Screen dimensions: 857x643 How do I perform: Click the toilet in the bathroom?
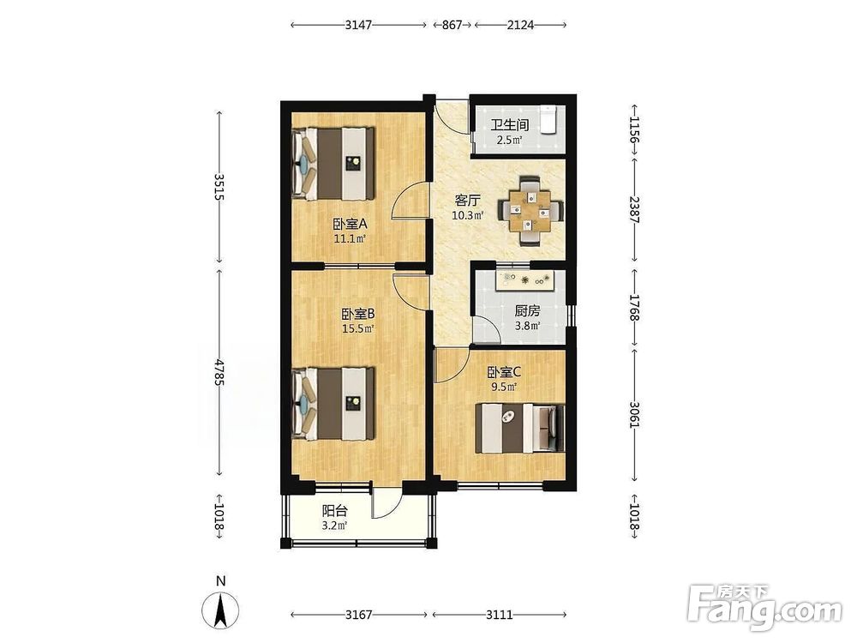(x=548, y=120)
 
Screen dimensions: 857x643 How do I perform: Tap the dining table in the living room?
(x=530, y=211)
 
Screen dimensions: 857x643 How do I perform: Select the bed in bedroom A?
(x=333, y=164)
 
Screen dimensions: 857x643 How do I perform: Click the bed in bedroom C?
(x=520, y=428)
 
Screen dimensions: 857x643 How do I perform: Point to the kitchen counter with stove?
(x=528, y=280)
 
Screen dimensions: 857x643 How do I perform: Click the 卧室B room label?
(x=358, y=315)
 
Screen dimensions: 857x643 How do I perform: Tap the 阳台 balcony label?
(x=334, y=511)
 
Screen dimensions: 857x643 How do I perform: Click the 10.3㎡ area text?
(x=467, y=215)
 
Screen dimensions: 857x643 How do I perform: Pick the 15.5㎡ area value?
(x=358, y=329)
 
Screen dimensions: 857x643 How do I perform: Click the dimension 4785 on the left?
(x=219, y=372)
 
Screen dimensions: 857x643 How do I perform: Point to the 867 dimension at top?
(x=452, y=25)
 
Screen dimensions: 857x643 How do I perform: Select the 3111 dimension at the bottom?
(x=500, y=615)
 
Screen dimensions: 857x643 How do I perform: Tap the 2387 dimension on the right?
(x=634, y=209)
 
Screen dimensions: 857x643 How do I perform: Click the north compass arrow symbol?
(x=220, y=610)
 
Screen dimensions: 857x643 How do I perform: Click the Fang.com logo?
(x=764, y=606)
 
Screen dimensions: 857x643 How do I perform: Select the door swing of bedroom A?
(x=410, y=200)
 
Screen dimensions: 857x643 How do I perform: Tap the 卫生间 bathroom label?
(x=509, y=125)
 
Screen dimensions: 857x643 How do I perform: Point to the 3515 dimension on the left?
(x=219, y=187)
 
